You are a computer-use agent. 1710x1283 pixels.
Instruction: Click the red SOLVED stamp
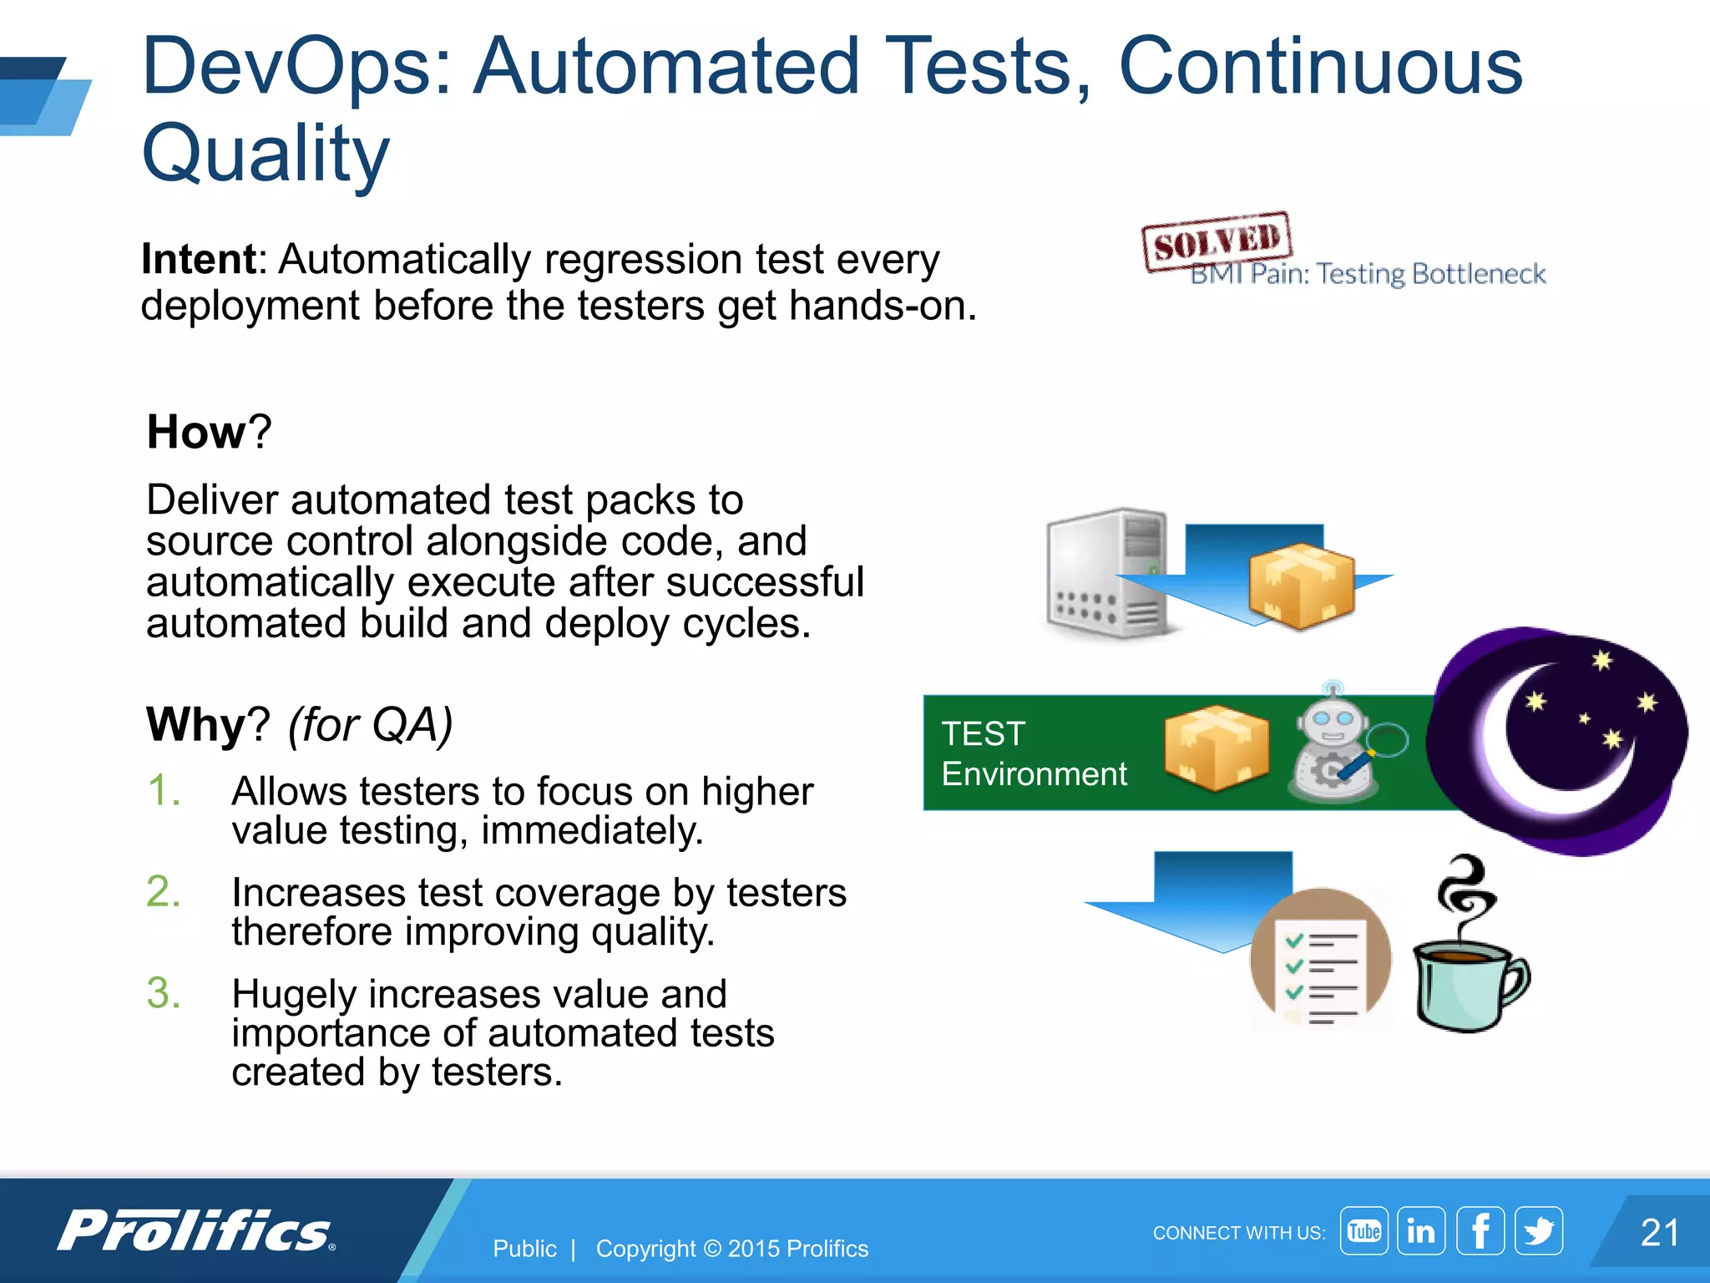pyautogui.click(x=1217, y=241)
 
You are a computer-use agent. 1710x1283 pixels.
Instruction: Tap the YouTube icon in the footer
pyautogui.click(x=1363, y=1230)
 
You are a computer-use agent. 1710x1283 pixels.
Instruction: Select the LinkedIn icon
pyautogui.click(x=1421, y=1230)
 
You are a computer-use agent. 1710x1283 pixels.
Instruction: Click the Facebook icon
pyautogui.click(x=1480, y=1230)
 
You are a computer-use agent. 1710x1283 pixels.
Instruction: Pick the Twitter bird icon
pyautogui.click(x=1539, y=1230)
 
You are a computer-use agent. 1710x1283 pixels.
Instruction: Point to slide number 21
pyautogui.click(x=1659, y=1233)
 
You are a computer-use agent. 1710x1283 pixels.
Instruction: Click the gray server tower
pyautogui.click(x=1106, y=574)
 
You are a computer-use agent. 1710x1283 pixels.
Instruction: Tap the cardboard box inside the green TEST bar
pyautogui.click(x=1217, y=748)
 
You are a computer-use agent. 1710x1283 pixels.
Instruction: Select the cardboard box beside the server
pyautogui.click(x=1300, y=585)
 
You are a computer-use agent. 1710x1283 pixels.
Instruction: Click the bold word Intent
pyautogui.click(x=199, y=260)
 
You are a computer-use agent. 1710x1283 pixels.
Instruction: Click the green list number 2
pyautogui.click(x=163, y=892)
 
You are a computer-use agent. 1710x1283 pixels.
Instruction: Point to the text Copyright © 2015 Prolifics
pyautogui.click(x=731, y=1249)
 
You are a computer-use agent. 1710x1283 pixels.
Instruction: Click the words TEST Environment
pyautogui.click(x=1034, y=754)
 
